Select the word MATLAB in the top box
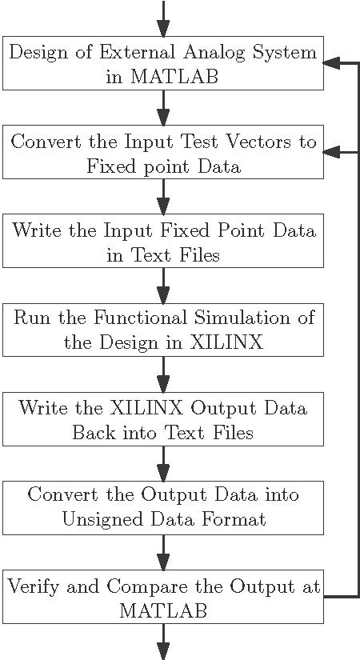pyautogui.click(x=174, y=77)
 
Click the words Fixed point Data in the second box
pyautogui.click(x=164, y=166)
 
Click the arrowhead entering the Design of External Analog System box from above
pyautogui.click(x=163, y=29)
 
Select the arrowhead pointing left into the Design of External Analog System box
pyautogui.click(x=330, y=63)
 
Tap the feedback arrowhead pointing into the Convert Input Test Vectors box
pyautogui.click(x=330, y=152)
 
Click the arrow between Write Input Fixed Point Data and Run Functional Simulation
pyautogui.click(x=163, y=286)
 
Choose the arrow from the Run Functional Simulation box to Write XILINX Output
pyautogui.click(x=163, y=374)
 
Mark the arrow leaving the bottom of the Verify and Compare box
pyautogui.click(x=163, y=642)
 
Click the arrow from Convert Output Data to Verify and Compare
pyautogui.click(x=163, y=553)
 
